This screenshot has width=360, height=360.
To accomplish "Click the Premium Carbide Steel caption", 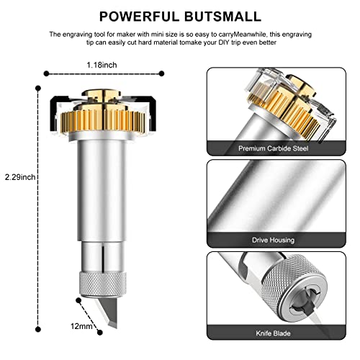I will [x=274, y=148].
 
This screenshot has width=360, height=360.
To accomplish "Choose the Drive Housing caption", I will [x=274, y=238].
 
